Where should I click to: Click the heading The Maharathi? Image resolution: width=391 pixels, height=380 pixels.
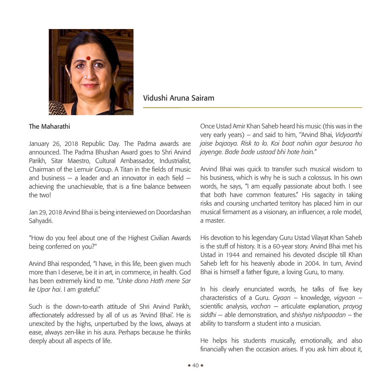tap(50, 126)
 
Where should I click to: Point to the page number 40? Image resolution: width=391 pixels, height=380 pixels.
tap(195, 365)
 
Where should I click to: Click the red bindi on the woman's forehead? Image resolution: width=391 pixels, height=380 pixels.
tap(88, 58)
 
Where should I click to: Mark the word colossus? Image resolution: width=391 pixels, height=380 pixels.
tap(307, 178)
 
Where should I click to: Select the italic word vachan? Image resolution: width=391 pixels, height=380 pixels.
tap(261, 307)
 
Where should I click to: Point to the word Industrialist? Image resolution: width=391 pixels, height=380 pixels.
tap(175, 161)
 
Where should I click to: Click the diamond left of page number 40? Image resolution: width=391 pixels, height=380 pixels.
tap(189, 365)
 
